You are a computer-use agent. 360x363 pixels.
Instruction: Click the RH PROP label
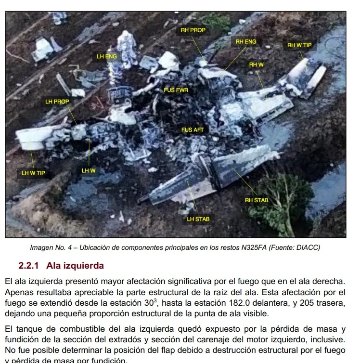click(193, 30)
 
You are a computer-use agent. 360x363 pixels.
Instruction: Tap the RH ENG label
click(245, 42)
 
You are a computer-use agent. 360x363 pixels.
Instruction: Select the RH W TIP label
click(299, 45)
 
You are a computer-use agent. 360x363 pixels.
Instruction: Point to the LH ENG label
click(107, 57)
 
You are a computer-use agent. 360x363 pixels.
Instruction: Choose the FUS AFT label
click(193, 130)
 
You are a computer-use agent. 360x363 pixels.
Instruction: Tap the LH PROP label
click(57, 102)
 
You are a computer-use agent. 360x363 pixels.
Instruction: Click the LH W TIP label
click(33, 173)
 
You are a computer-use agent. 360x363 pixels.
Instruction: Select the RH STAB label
click(257, 200)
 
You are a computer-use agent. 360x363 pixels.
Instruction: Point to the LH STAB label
click(198, 220)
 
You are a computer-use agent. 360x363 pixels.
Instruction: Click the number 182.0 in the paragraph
click(239, 303)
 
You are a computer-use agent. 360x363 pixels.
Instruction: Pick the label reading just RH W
click(257, 65)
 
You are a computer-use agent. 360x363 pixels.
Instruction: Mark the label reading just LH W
click(89, 171)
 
